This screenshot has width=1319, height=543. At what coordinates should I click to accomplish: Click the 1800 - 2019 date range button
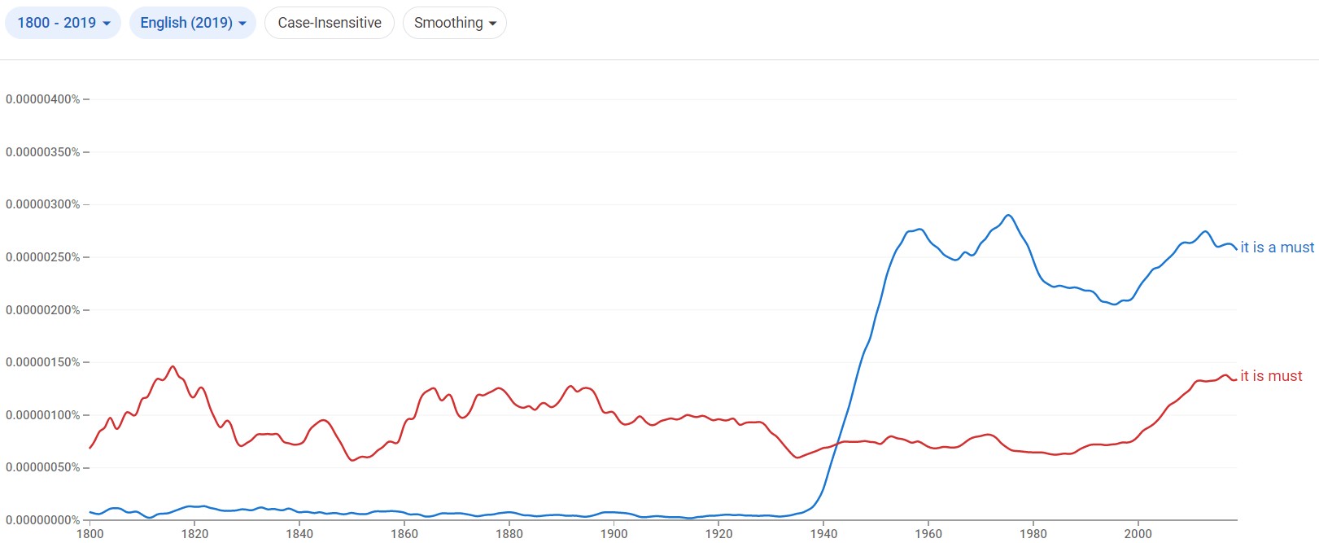click(63, 23)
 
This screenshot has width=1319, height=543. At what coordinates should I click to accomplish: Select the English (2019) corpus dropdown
click(193, 23)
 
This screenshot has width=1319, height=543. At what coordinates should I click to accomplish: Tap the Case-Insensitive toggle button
click(330, 23)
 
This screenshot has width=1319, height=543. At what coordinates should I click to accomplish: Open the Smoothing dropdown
click(454, 23)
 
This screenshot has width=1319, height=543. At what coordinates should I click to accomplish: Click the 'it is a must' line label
click(1277, 247)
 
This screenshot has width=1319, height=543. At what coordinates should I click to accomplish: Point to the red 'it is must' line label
click(1271, 376)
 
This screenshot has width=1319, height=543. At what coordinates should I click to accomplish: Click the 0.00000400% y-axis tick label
click(43, 99)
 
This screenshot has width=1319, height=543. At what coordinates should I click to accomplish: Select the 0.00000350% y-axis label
click(43, 152)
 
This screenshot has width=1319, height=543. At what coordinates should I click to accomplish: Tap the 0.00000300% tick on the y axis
click(43, 204)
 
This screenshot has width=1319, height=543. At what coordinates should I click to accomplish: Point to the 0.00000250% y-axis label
click(43, 257)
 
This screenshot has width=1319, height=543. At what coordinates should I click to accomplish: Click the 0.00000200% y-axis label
click(43, 310)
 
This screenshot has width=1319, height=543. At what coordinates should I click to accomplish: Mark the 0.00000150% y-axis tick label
click(43, 362)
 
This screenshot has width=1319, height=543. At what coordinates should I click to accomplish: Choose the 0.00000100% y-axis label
click(43, 415)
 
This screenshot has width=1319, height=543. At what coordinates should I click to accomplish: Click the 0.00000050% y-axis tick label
click(43, 467)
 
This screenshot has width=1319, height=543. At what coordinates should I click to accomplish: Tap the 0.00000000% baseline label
click(43, 520)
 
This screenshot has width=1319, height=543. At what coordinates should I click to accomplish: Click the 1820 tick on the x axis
click(194, 534)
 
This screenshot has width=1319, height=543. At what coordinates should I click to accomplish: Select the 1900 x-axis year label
click(614, 534)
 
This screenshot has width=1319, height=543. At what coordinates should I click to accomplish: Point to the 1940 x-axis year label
click(823, 534)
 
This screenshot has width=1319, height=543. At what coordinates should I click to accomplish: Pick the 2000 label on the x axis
click(1138, 534)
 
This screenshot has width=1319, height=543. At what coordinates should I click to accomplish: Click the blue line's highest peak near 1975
click(1008, 215)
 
